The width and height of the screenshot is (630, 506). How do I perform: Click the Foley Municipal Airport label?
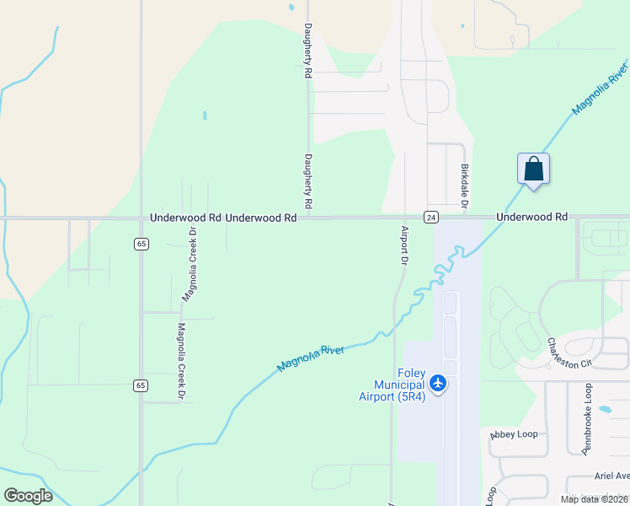tap(392, 385)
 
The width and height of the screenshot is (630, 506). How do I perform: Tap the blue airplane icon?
tap(437, 385)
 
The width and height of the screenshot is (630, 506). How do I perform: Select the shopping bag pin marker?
tap(533, 169)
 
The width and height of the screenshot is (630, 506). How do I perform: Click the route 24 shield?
tap(430, 217)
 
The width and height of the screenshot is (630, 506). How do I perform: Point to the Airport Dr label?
tap(404, 245)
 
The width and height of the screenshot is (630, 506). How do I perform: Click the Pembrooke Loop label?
tap(588, 419)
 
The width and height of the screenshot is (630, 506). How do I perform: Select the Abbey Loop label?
tap(514, 434)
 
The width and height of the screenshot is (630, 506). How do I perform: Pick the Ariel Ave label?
tap(611, 475)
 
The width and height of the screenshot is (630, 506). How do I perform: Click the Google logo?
tap(28, 496)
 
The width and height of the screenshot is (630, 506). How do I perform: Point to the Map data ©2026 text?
tap(595, 499)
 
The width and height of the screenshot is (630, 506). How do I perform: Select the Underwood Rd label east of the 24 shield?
tap(532, 217)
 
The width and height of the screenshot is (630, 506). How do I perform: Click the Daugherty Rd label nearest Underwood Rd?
tap(308, 181)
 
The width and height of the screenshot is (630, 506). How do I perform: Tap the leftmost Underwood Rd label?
tap(186, 218)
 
